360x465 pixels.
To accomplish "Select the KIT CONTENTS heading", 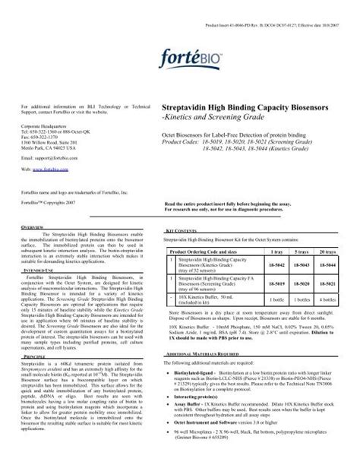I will [x=181, y=227].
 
